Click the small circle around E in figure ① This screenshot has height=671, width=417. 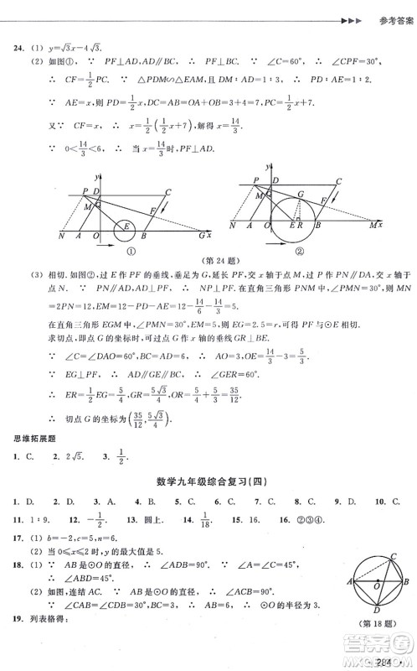click(x=127, y=226)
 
